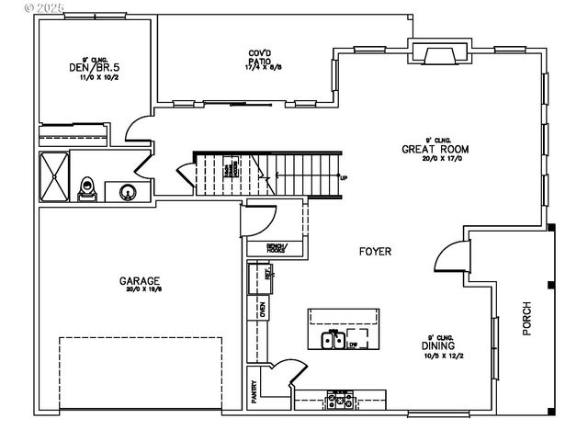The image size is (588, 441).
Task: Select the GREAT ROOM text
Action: pos(435,149)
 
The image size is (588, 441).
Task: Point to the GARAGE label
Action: pos(140,281)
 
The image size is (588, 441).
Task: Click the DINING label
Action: pos(441,345)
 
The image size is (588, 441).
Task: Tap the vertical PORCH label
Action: pos(527,318)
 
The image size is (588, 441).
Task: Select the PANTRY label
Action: pos(254,393)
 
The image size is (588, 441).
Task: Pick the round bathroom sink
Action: pos(128,192)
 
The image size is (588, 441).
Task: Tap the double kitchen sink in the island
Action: pos(332,341)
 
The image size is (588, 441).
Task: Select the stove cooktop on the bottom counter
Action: pos(340,399)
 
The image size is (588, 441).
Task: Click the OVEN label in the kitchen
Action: pos(262,309)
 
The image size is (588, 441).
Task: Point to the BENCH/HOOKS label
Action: pos(276,247)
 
